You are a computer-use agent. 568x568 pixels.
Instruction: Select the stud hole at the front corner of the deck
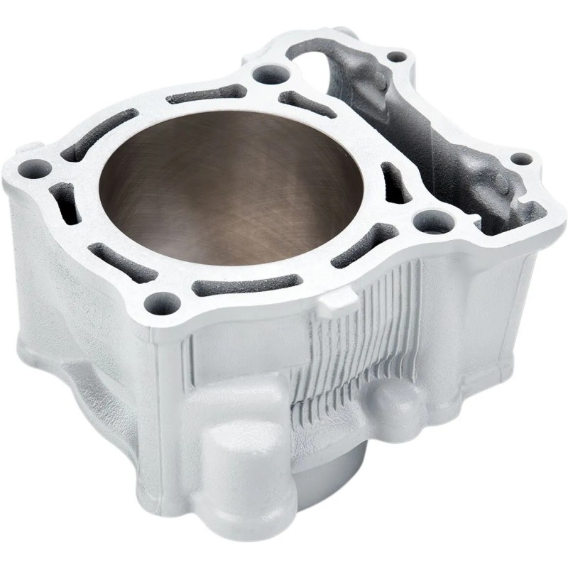coord(160,303)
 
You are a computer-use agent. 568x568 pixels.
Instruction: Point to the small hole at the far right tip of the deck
coord(520,159)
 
